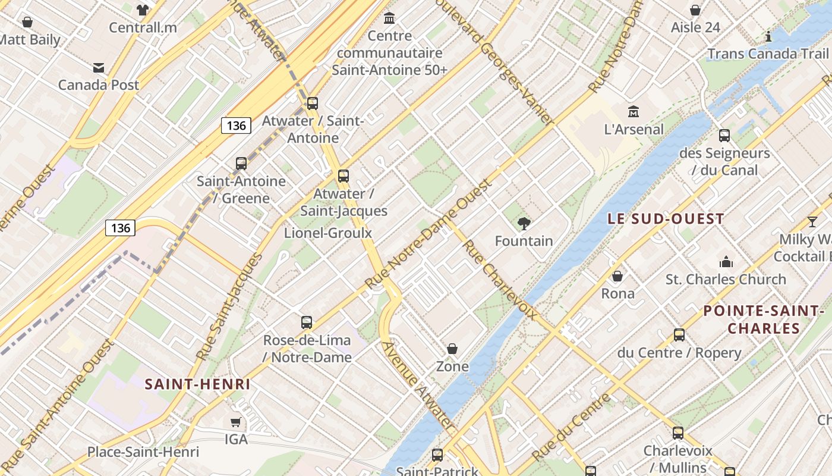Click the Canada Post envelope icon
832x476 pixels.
(99, 68)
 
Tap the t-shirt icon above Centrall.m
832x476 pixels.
(143, 10)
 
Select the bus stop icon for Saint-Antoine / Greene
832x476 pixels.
(241, 164)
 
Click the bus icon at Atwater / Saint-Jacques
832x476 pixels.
(343, 176)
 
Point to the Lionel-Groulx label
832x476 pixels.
(328, 233)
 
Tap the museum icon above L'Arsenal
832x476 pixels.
(633, 111)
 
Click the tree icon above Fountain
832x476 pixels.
(524, 224)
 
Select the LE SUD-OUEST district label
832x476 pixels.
(665, 219)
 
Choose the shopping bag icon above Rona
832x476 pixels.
(617, 276)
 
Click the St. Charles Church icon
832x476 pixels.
(726, 262)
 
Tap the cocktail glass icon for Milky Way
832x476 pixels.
(812, 223)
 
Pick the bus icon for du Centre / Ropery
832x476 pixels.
(679, 335)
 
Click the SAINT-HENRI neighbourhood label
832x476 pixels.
(198, 384)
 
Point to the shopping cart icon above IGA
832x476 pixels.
(236, 422)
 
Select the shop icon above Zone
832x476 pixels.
(452, 349)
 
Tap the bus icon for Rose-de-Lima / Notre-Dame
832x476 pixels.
(307, 322)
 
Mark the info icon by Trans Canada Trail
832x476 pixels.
(768, 36)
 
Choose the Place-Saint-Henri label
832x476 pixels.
(143, 452)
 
